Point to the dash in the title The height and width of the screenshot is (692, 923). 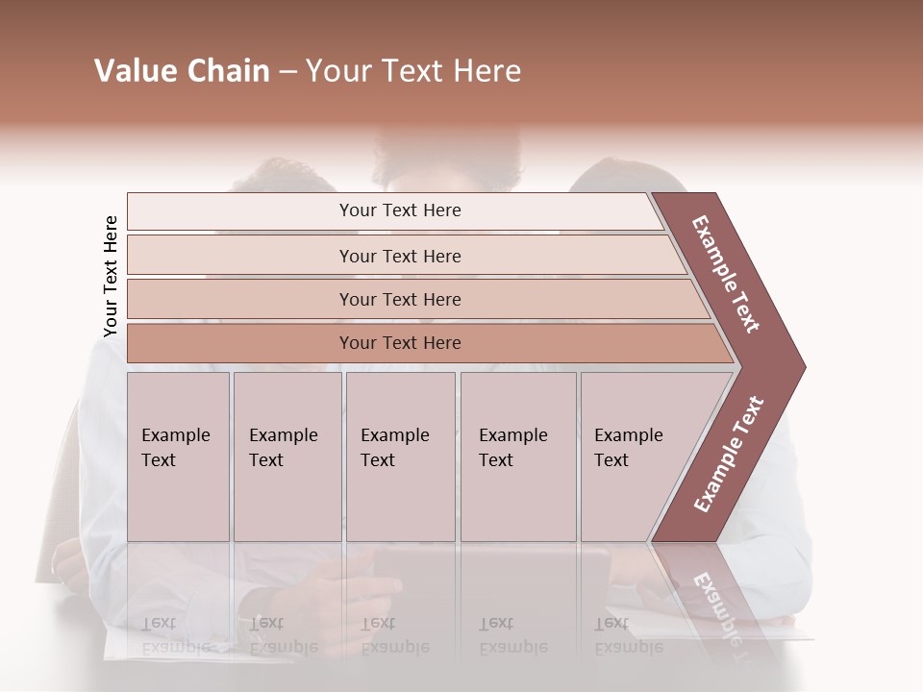point(287,72)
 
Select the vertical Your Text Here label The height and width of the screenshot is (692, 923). point(111,276)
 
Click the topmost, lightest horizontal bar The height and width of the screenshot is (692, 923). point(394,210)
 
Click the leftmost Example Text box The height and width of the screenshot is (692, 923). point(178,457)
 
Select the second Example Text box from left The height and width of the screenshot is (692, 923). point(287,457)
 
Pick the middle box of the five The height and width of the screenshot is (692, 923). point(400,457)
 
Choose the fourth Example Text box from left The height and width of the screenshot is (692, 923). point(517,457)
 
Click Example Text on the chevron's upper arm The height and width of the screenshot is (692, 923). point(726,274)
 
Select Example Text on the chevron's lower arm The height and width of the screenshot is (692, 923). point(729,455)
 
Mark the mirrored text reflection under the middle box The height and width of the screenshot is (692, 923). point(394,634)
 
